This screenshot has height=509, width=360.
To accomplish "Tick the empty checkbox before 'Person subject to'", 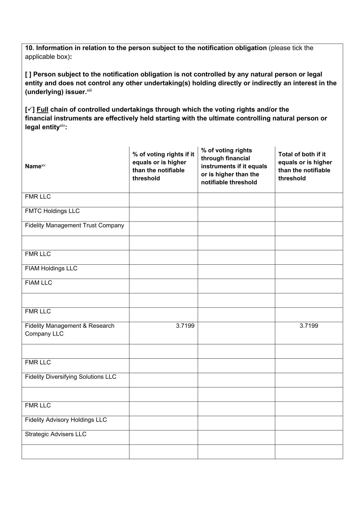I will point(28,75).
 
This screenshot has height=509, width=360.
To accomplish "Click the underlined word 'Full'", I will point(43,110).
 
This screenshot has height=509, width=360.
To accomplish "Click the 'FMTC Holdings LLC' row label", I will point(52,211).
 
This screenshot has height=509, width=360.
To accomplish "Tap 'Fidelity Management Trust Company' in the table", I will point(74,226).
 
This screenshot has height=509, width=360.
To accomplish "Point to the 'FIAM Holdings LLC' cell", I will point(51,268).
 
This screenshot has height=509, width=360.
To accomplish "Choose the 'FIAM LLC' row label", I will point(38,283).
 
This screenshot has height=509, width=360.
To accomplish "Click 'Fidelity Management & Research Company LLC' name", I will point(69,330).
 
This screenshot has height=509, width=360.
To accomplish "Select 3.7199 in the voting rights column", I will point(185,326).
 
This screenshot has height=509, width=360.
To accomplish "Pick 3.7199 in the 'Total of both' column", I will point(309,326).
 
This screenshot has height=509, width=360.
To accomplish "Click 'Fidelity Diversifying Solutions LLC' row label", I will point(71,377).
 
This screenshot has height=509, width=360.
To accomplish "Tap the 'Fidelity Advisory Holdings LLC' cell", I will point(66,420).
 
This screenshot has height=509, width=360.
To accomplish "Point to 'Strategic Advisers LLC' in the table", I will point(56,434).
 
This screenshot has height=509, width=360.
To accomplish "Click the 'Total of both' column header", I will point(305,166).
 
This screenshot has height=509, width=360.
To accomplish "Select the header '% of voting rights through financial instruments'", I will point(234,166).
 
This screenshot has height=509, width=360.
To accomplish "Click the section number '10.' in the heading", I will point(29,48).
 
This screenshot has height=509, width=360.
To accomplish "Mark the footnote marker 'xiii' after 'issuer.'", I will point(89,91).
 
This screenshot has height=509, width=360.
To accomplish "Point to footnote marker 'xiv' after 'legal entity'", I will point(62,126).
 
